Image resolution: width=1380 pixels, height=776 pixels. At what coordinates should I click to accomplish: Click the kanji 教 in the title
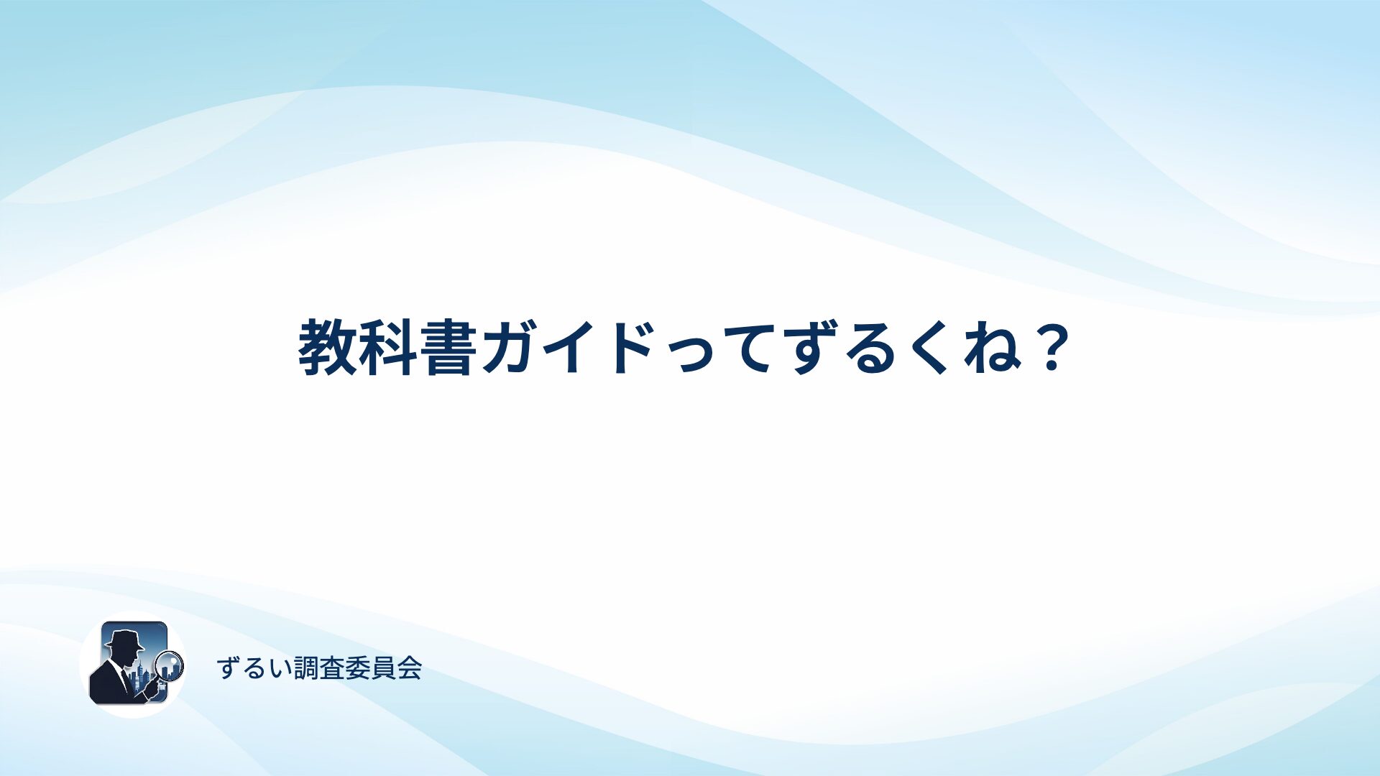(328, 348)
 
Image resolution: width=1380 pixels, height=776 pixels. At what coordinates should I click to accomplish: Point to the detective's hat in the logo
(125, 640)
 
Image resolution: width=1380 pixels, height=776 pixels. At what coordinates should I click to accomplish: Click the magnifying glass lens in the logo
(170, 665)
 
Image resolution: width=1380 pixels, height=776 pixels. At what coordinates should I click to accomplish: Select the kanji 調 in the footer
(307, 668)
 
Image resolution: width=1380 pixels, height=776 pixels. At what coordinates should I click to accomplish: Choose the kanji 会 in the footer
(410, 668)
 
